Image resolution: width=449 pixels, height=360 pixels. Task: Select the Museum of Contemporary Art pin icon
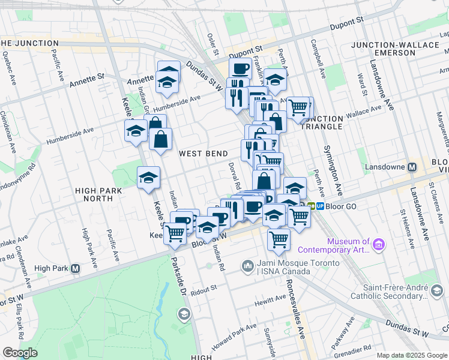pyautogui.click(x=378, y=244)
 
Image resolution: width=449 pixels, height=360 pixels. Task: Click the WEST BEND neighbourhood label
pyautogui.click(x=203, y=154)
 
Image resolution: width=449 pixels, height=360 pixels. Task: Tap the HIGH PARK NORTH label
pyautogui.click(x=94, y=194)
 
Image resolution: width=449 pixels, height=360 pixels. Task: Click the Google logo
pyautogui.click(x=20, y=353)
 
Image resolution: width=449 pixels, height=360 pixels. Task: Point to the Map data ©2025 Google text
pyautogui.click(x=412, y=355)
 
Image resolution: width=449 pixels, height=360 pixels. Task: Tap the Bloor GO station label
pyautogui.click(x=340, y=206)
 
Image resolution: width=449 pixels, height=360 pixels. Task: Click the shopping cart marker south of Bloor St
pyautogui.click(x=279, y=239)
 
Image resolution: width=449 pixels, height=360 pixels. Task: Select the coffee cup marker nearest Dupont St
pyautogui.click(x=240, y=69)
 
